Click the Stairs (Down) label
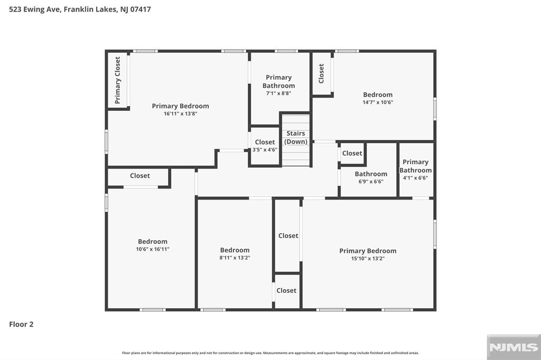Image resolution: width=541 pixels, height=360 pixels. (296, 137)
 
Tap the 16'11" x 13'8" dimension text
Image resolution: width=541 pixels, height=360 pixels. (181, 113)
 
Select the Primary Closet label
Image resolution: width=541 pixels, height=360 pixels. (118, 80)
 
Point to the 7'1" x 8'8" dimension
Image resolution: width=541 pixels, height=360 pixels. (278, 93)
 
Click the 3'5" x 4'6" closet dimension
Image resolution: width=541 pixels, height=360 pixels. (265, 150)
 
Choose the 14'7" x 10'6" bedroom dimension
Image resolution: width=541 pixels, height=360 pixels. (378, 102)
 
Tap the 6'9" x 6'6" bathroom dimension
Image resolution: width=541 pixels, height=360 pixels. (371, 182)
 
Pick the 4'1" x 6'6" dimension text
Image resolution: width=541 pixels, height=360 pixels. (415, 178)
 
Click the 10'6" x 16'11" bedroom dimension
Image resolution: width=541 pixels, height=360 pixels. (153, 249)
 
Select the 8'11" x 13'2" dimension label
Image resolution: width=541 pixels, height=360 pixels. (235, 258)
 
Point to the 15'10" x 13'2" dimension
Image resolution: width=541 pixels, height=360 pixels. (368, 258)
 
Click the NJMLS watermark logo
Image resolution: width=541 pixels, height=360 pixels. (514, 347)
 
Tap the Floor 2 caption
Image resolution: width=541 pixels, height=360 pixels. (21, 324)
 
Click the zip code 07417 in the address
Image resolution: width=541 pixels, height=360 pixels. (141, 10)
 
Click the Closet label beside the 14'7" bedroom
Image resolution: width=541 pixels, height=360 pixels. (321, 73)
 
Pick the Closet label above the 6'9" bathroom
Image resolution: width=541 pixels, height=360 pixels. (352, 153)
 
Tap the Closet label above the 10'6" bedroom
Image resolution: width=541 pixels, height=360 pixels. (139, 176)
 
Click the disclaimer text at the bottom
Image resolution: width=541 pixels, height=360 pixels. (270, 353)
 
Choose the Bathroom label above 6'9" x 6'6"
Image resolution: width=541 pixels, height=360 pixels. (371, 174)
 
